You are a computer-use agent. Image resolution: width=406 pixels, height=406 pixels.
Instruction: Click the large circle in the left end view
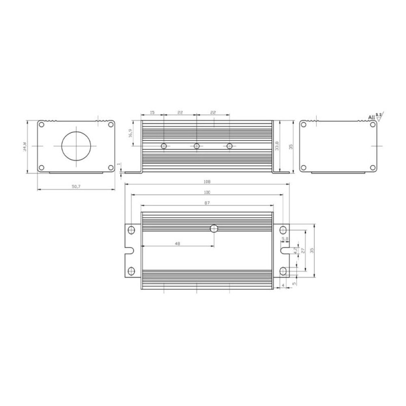pyautogui.click(x=77, y=146)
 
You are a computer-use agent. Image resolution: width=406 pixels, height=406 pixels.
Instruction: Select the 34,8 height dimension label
pyautogui.click(x=24, y=146)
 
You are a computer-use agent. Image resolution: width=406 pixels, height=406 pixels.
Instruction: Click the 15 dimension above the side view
pyautogui.click(x=152, y=112)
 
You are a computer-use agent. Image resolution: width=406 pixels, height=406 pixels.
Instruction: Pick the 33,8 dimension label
pyautogui.click(x=276, y=146)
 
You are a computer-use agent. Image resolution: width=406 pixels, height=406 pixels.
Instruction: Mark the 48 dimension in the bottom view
pyautogui.click(x=177, y=243)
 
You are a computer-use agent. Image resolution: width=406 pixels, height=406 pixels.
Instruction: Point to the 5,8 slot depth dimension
pyautogui.click(x=285, y=239)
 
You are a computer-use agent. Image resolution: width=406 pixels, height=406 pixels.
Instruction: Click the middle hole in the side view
pyautogui.click(x=197, y=146)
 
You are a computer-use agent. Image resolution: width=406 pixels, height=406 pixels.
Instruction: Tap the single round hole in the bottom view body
pyautogui.click(x=214, y=229)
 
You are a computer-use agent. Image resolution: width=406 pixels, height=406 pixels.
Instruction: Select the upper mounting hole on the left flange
pyautogui.click(x=131, y=230)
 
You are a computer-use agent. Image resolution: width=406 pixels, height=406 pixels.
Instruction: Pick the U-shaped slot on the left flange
pyautogui.click(x=129, y=251)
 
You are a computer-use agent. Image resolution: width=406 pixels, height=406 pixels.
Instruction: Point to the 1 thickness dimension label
pyautogui.click(x=119, y=164)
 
